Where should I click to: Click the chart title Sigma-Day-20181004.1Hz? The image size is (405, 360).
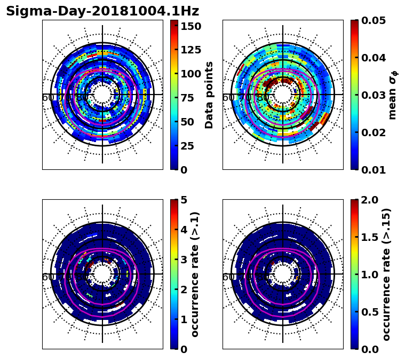[x=102, y=11]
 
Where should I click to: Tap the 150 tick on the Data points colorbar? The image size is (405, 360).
[x=191, y=26]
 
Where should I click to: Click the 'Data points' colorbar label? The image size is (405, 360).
[x=209, y=95]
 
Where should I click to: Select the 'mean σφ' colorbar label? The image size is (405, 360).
[x=393, y=95]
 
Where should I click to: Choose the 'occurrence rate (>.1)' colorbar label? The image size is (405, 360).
[x=195, y=274]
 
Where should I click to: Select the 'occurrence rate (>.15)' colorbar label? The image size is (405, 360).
[x=386, y=274]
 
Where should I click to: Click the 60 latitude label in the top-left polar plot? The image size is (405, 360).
[x=47, y=98]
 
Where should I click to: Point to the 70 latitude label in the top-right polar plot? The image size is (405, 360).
[x=245, y=98]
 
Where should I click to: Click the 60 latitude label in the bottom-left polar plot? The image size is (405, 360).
[x=47, y=277]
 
